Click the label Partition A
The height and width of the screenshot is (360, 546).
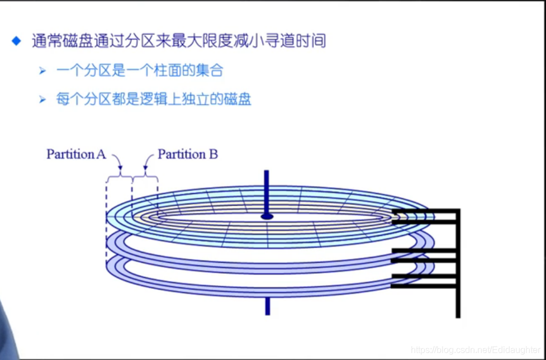pyautogui.click(x=76, y=154)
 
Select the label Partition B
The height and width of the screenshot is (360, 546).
pyautogui.click(x=187, y=154)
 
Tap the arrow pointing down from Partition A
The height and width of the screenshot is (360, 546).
pyautogui.click(x=118, y=165)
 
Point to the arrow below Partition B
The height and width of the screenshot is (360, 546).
pyautogui.click(x=146, y=165)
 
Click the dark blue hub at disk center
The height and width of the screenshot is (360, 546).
pyautogui.click(x=267, y=216)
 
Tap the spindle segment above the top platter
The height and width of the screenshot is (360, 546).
pyautogui.click(x=267, y=190)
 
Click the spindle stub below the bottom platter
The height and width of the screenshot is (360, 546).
pyautogui.click(x=267, y=306)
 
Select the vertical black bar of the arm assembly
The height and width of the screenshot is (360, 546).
pyautogui.click(x=458, y=263)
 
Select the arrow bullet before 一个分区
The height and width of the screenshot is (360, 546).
pyautogui.click(x=42, y=71)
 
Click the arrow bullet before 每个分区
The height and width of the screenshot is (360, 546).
pyautogui.click(x=42, y=100)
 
